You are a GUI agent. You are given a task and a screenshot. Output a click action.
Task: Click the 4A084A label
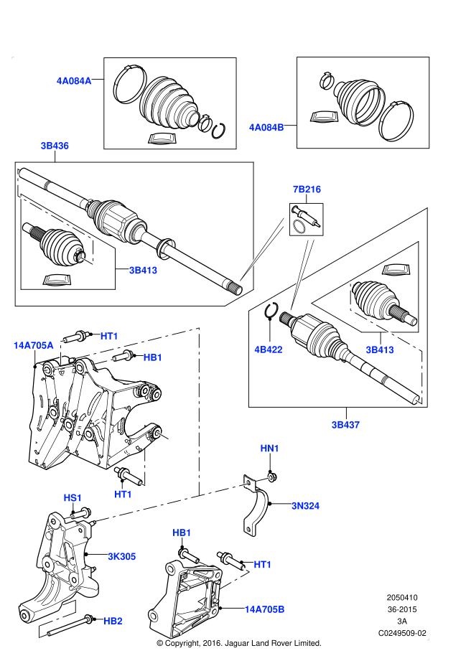click(74, 81)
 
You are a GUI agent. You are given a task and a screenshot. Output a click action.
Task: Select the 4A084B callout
click(266, 128)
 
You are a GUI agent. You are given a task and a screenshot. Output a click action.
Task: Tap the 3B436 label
click(55, 146)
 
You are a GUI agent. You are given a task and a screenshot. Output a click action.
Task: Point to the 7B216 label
click(307, 189)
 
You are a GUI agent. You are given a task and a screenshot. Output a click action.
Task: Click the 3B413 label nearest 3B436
click(143, 271)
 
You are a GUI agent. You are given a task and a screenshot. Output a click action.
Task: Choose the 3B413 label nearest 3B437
click(379, 350)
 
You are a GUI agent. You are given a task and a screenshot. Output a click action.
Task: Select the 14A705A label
click(33, 345)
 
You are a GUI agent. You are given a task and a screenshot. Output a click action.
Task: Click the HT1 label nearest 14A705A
click(109, 336)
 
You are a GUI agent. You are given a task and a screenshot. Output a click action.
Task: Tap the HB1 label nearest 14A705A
click(153, 357)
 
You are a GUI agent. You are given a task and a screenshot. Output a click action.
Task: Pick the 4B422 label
click(269, 350)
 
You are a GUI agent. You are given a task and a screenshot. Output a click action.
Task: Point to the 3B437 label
click(345, 425)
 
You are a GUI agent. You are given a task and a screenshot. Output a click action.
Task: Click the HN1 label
click(270, 449)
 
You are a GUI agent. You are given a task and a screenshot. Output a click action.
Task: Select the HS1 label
click(73, 498)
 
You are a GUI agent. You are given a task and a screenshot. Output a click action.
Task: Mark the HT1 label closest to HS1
click(123, 494)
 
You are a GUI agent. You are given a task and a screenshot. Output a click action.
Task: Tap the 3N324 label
click(305, 506)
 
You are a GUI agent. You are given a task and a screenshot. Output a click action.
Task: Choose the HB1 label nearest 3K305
click(182, 533)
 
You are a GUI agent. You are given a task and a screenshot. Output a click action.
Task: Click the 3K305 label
click(122, 556)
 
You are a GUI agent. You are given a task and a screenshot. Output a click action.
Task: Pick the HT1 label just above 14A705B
click(263, 565)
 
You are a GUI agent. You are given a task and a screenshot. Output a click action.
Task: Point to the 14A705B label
click(264, 609)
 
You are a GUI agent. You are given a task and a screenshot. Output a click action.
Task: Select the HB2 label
click(113, 621)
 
